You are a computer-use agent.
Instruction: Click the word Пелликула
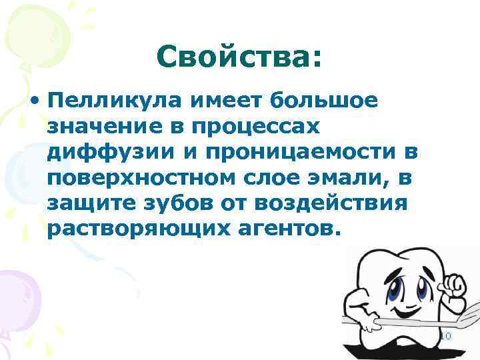click(x=114, y=101)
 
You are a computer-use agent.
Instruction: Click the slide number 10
click(x=445, y=337)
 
